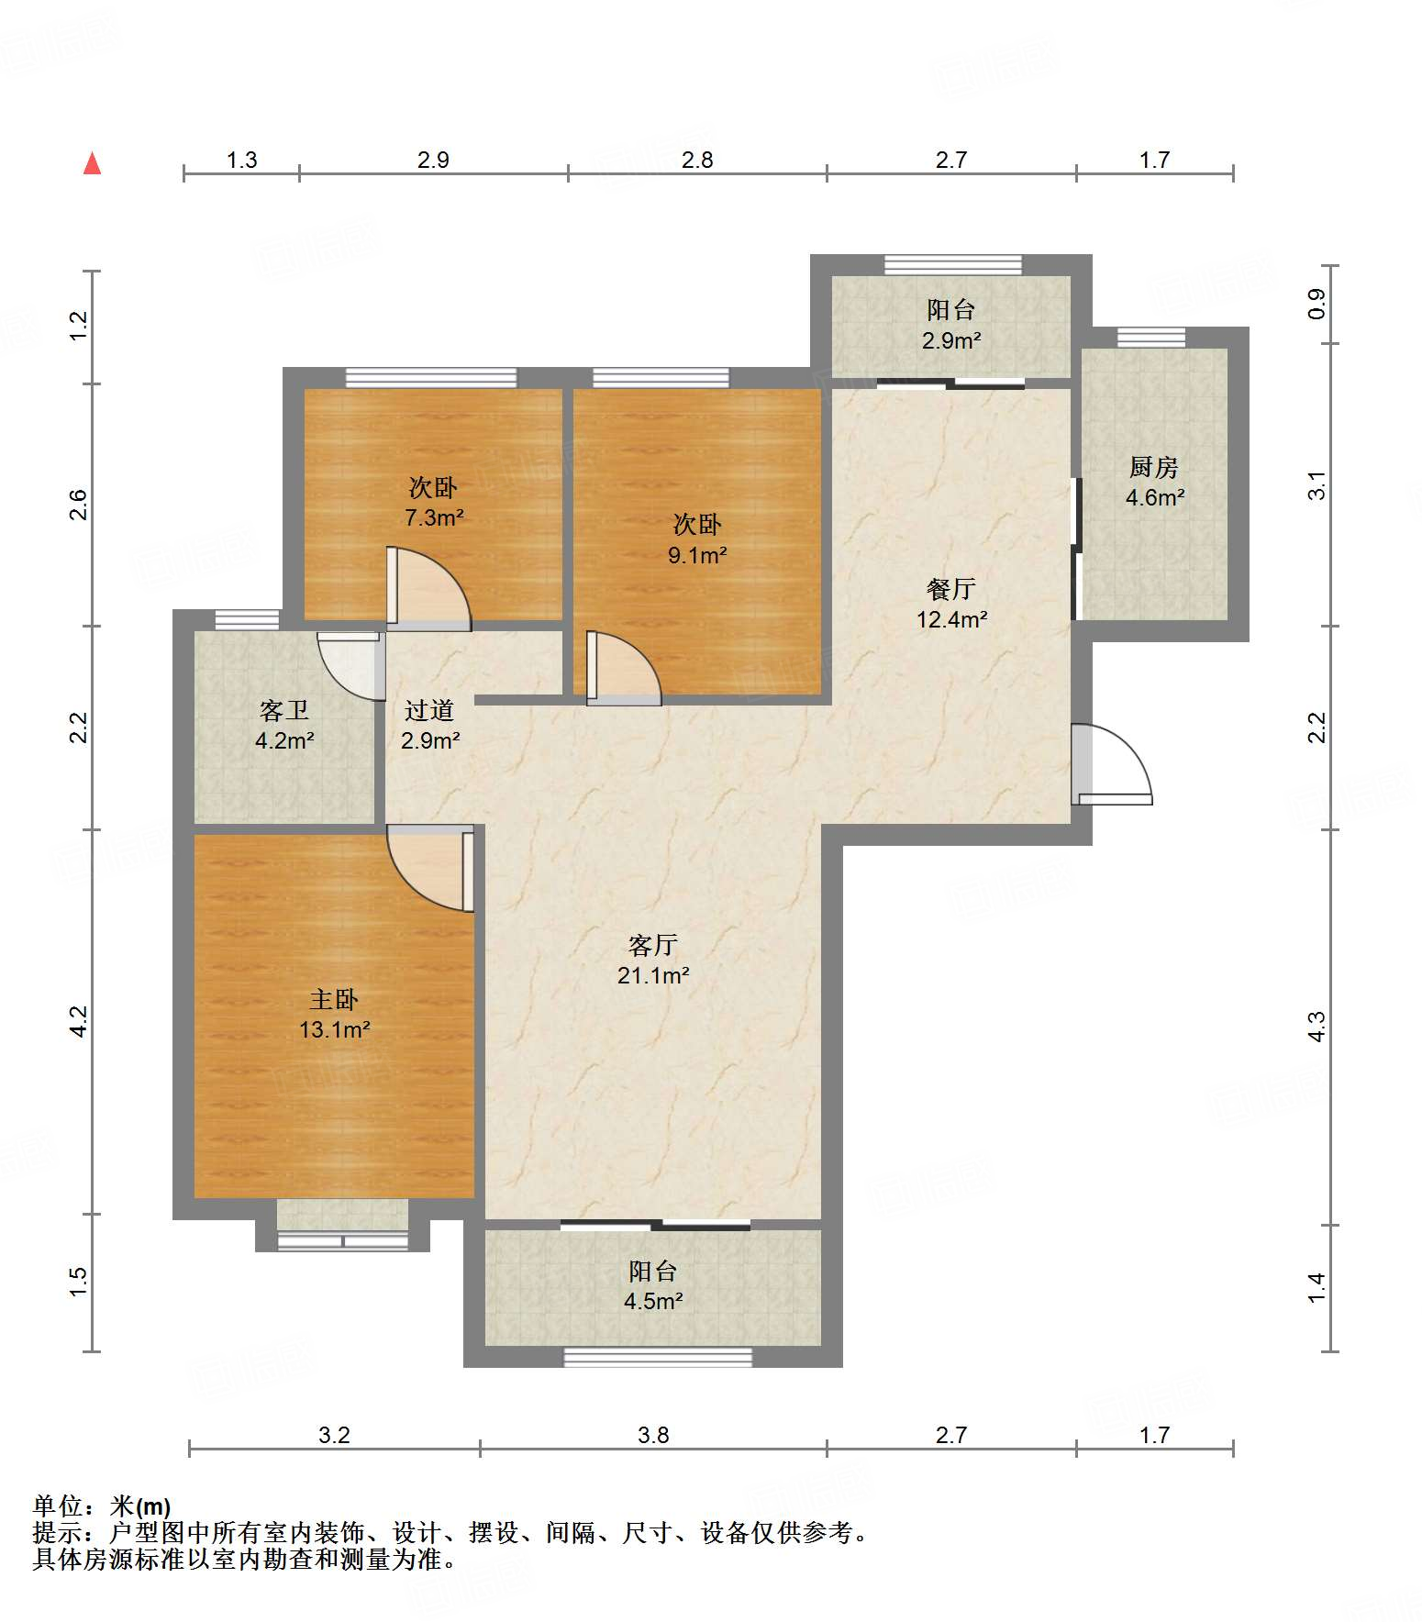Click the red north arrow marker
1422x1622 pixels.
92,163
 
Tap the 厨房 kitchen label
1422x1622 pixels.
1154,482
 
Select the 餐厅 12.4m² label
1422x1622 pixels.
951,604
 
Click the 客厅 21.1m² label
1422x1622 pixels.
653,960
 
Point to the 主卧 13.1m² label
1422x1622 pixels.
334,1014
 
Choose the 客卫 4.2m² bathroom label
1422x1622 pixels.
284,725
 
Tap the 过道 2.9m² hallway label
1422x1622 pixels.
429,725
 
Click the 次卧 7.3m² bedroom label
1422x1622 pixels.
434,502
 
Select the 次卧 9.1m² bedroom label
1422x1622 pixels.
697,539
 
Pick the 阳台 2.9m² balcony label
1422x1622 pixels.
951,325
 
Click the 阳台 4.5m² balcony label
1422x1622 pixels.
653,1285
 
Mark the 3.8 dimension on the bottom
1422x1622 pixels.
653,1435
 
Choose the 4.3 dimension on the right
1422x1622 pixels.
1316,1027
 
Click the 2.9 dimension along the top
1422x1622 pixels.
433,160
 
